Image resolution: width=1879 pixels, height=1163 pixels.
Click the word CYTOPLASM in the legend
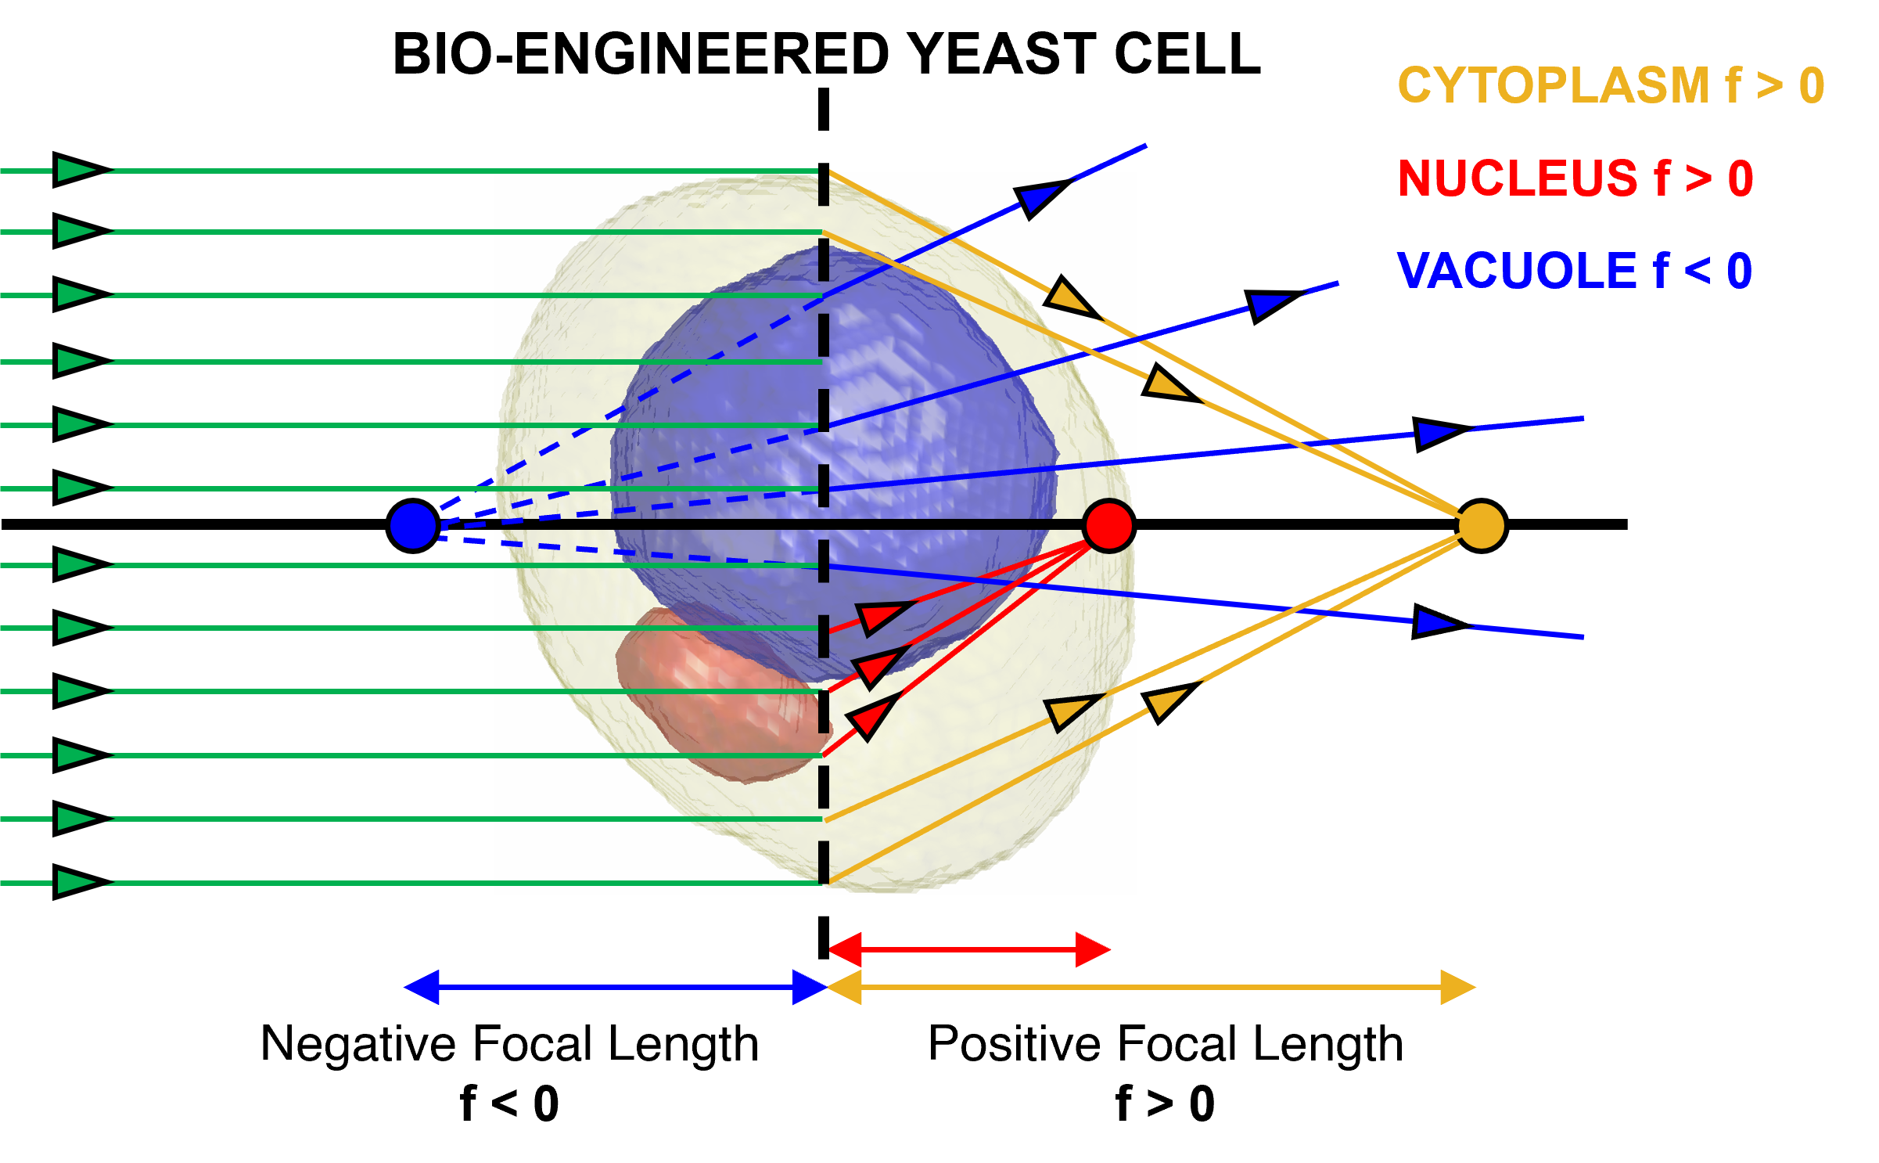pyautogui.click(x=1553, y=85)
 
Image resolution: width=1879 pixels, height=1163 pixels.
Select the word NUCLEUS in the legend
pyautogui.click(x=1518, y=178)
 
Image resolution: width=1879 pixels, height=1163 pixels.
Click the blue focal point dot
pyautogui.click(x=413, y=526)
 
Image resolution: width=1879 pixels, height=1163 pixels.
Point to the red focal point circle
pyautogui.click(x=1109, y=526)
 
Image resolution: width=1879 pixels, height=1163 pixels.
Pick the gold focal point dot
pyautogui.click(x=1481, y=526)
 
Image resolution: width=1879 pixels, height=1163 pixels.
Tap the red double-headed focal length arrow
pyautogui.click(x=970, y=949)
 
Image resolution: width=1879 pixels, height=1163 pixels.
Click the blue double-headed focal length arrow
pyautogui.click(x=616, y=987)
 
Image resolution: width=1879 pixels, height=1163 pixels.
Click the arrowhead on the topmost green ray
pyautogui.click(x=77, y=170)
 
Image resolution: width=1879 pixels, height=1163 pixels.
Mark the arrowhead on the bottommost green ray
pyautogui.click(x=77, y=882)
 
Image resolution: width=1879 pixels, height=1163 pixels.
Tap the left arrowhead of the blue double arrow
pyautogui.click(x=422, y=987)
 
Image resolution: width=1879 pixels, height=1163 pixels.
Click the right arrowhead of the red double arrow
pyautogui.click(x=1093, y=949)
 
